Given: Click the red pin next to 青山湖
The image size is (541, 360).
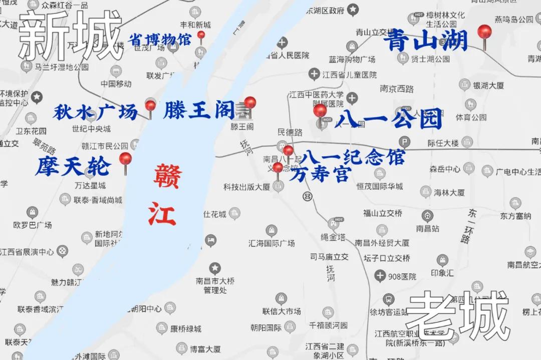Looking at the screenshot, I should [x=484, y=32].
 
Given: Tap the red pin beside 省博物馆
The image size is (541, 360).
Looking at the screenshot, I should [x=201, y=36].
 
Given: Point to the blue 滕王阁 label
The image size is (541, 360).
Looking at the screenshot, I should [x=199, y=111].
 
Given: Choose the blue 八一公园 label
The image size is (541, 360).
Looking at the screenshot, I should [x=389, y=119].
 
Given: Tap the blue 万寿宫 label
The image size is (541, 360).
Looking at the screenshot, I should [x=320, y=175].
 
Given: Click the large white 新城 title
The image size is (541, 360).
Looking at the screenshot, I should [x=70, y=36].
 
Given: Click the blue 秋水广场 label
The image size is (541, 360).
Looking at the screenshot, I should [x=95, y=112].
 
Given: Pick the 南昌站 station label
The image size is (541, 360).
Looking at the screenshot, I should [x=427, y=228].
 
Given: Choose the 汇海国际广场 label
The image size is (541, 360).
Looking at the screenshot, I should [x=272, y=243].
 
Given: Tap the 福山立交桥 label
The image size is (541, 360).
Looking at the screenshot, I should [x=382, y=213].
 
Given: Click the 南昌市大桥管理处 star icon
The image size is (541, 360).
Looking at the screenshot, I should [x=215, y=268].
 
